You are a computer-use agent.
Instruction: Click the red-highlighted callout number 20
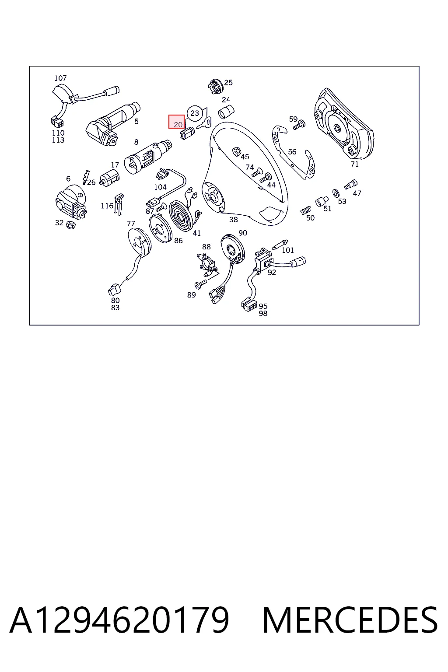tap(178, 125)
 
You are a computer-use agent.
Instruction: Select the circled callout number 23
tap(195, 113)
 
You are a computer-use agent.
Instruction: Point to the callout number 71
tap(355, 164)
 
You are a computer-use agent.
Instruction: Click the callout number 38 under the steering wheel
tap(234, 220)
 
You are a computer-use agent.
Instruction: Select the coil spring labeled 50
tap(306, 210)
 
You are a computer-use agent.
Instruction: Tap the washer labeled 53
tap(336, 193)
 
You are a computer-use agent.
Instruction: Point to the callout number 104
tap(160, 187)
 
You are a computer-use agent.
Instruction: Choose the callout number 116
tap(107, 206)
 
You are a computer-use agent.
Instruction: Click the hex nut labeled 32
tap(70, 224)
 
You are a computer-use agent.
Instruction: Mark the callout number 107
tap(60, 78)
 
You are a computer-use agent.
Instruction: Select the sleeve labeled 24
tap(226, 112)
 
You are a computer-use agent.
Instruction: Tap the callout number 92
tap(272, 273)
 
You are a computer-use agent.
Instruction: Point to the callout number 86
tap(178, 241)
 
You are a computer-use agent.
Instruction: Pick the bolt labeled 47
tap(351, 184)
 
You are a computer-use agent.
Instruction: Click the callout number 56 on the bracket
tap(292, 152)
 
